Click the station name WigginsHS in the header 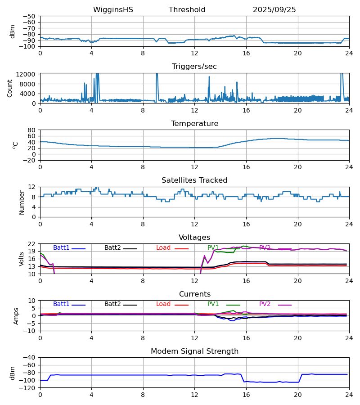(x=113, y=10)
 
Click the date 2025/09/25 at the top (x=274, y=10)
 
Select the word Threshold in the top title (x=187, y=10)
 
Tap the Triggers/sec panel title (x=194, y=67)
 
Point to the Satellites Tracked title (x=194, y=180)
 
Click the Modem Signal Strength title (x=194, y=351)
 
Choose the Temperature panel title (x=194, y=124)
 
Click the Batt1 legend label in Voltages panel (x=61, y=248)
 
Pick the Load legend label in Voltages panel (x=163, y=248)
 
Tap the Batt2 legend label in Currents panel (x=112, y=304)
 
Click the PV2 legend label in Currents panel (x=265, y=304)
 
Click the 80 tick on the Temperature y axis (x=31, y=130)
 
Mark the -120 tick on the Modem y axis (x=29, y=388)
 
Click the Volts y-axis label (x=22, y=259)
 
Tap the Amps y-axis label (x=16, y=316)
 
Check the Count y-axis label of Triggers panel (x=10, y=88)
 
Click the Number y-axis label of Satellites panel (x=22, y=202)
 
